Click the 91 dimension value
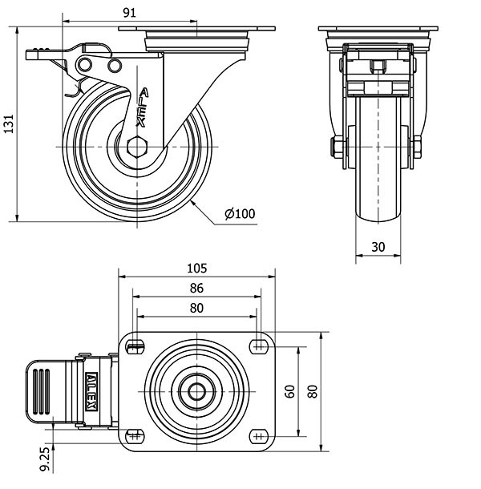[130, 12]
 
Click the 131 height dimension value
[9, 123]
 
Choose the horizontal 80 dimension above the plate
[197, 307]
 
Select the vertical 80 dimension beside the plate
[312, 390]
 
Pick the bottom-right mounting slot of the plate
[258, 435]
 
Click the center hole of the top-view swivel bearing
[197, 390]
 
